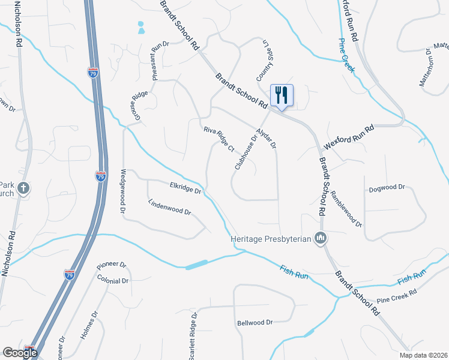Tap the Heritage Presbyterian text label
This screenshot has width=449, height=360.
tap(272, 239)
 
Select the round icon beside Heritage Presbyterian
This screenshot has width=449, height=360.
tap(321, 239)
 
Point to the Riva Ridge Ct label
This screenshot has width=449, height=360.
tap(218, 139)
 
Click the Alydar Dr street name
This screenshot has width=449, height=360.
tap(265, 138)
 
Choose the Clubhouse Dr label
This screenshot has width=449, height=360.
tap(246, 152)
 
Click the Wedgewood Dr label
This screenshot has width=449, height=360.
tap(122, 191)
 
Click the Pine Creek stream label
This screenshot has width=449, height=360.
tap(347, 56)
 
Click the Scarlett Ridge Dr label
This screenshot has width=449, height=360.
tap(193, 336)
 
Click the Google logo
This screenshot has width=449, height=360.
tap(19, 353)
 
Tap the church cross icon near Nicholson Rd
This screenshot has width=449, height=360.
tap(23, 189)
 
